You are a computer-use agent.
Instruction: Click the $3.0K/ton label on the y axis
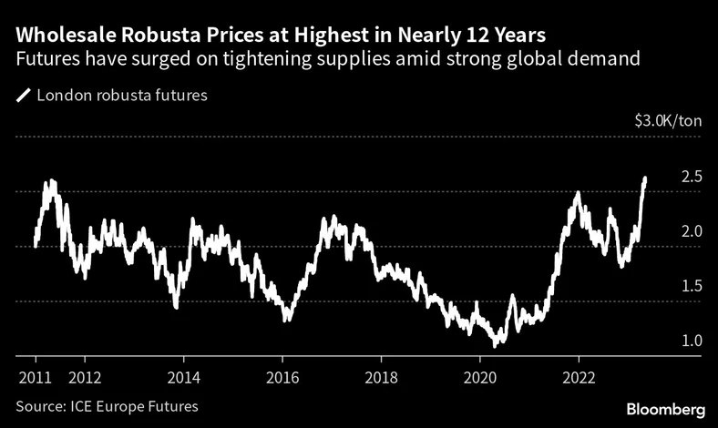[669, 121]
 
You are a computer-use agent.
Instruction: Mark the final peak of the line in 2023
[645, 178]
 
